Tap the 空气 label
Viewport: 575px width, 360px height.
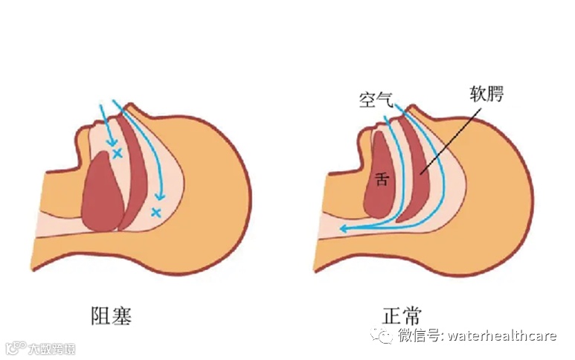pos(375,98)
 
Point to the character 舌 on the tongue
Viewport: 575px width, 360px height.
pos(381,179)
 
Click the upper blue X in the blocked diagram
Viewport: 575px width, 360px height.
pos(117,154)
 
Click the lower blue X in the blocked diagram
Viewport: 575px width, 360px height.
pos(156,213)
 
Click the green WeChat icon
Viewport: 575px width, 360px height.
pos(385,336)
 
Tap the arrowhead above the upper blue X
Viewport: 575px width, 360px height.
pos(112,141)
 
